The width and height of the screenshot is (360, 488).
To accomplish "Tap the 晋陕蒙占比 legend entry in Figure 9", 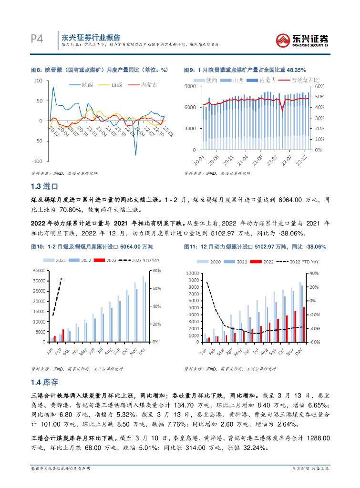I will [x=298, y=80].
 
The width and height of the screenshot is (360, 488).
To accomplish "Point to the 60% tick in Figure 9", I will [x=320, y=86].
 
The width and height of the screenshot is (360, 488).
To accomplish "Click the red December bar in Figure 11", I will [x=304, y=324].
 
